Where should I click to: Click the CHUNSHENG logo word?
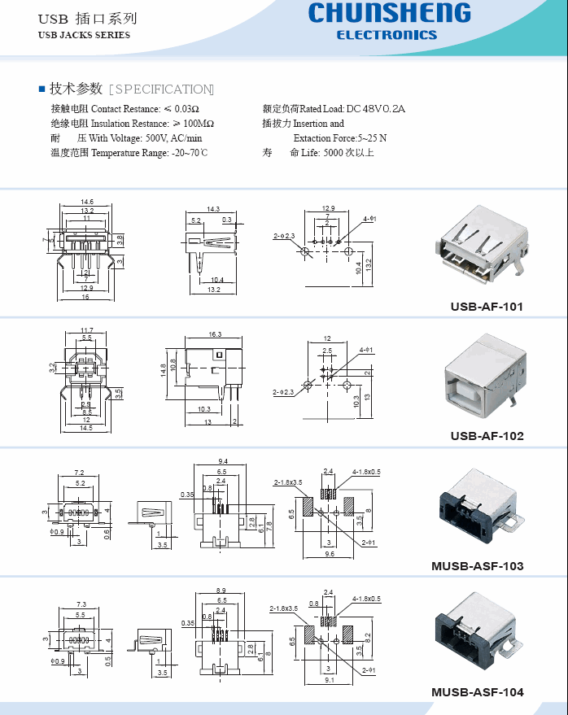[x=389, y=14]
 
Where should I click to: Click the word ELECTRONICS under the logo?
[x=387, y=35]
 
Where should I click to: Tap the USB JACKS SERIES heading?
[x=84, y=35]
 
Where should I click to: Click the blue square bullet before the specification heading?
[x=42, y=89]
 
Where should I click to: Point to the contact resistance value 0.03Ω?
[x=187, y=109]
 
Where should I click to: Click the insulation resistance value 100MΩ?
[x=199, y=124]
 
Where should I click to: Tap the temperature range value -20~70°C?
[x=190, y=153]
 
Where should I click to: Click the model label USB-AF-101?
[x=487, y=307]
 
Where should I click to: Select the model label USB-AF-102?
[x=487, y=435]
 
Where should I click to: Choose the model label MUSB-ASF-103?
[x=477, y=565]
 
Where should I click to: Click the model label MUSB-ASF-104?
[x=477, y=692]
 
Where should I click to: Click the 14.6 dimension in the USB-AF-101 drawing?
[x=86, y=202]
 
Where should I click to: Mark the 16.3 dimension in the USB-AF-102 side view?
[x=215, y=334]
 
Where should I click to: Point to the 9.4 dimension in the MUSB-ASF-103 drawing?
[x=221, y=461]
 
